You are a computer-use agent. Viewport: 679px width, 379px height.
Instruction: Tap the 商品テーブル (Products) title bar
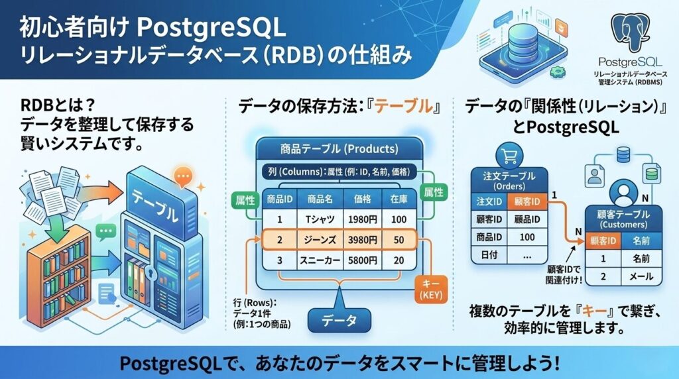tap(339, 148)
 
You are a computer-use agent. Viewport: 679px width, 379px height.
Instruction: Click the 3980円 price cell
tap(362, 239)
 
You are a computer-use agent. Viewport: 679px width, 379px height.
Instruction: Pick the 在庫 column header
tap(398, 199)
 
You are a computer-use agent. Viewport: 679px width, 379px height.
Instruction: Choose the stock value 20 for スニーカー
tap(398, 261)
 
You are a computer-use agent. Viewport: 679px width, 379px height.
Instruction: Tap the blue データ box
tap(339, 319)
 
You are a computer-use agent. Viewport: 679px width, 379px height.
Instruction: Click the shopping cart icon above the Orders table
tap(511, 156)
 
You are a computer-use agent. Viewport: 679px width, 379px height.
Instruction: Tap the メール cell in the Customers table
tap(641, 277)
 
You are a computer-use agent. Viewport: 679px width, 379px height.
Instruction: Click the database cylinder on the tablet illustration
tap(523, 40)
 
